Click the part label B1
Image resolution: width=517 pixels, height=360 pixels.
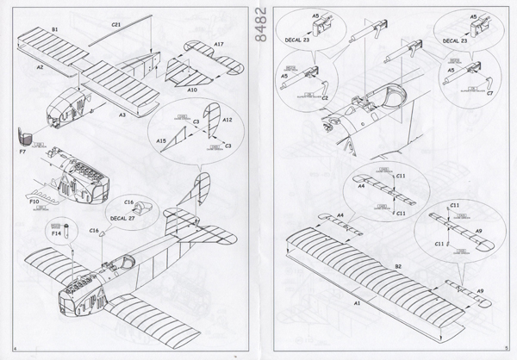point(54,28)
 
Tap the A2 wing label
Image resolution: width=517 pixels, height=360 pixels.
point(40,65)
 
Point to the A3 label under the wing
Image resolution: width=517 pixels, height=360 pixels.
point(122,113)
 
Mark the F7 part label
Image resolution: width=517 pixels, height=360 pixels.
point(22,153)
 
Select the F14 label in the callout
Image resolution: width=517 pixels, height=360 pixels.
point(56,233)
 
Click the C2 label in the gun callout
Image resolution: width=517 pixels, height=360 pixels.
point(326,97)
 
